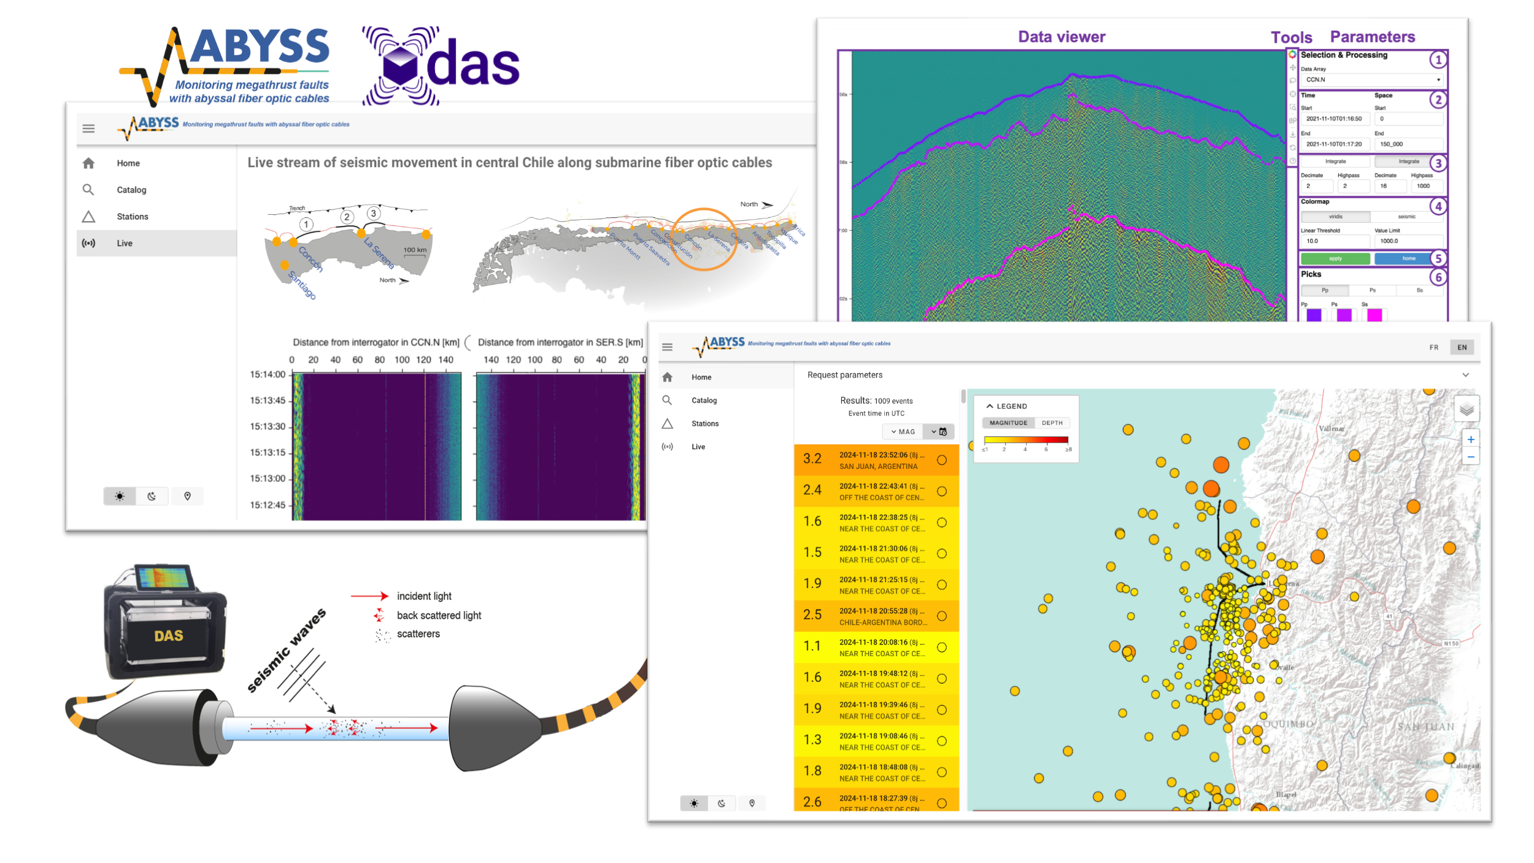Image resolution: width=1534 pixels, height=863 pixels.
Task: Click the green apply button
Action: tap(1335, 258)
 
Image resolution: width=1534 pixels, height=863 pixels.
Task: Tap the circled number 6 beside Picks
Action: tap(1438, 277)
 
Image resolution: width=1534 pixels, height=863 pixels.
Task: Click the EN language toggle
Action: tap(1462, 347)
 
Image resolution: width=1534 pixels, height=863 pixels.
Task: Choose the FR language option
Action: tap(1434, 347)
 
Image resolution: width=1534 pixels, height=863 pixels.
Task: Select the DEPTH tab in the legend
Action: tap(1052, 423)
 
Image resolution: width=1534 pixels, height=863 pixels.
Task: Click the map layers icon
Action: tap(1467, 409)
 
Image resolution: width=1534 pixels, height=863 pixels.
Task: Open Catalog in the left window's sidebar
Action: tap(131, 190)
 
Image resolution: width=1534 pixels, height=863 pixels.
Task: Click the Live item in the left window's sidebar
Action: tap(125, 243)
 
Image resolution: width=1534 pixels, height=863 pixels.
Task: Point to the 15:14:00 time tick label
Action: tap(268, 374)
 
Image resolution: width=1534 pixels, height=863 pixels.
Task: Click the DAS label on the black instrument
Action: tap(169, 636)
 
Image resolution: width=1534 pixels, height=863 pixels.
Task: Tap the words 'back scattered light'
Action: tap(439, 615)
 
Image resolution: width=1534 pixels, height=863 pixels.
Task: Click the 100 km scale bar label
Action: tap(415, 250)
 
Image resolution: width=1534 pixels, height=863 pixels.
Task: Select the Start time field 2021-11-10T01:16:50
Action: tap(1334, 119)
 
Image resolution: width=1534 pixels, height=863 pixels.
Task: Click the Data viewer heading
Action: tap(1062, 37)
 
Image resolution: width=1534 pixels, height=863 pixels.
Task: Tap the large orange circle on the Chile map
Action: tap(704, 239)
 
